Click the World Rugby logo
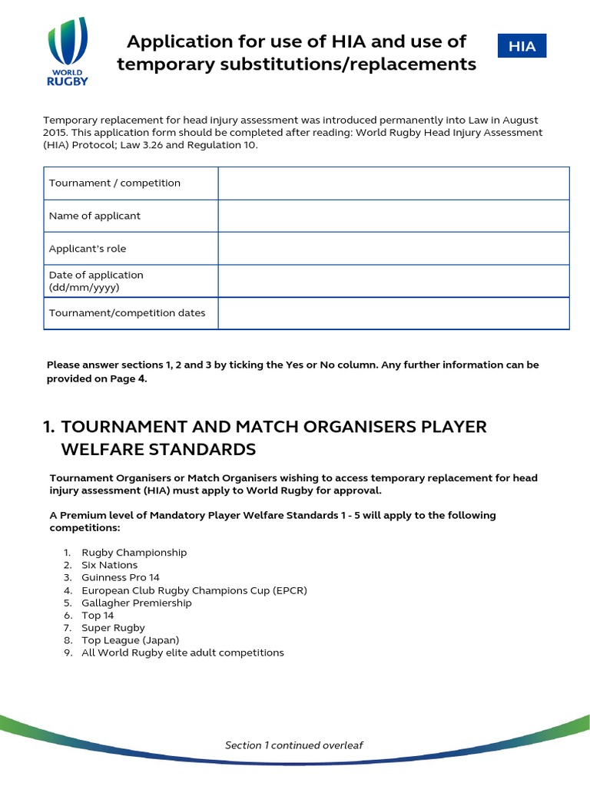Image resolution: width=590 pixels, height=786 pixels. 68,52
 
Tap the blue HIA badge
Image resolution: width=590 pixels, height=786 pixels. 522,46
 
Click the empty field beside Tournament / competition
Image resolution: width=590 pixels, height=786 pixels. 393,183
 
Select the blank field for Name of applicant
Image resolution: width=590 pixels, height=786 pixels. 393,216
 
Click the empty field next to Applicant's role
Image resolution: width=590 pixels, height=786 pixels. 393,249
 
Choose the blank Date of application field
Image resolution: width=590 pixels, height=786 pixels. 393,281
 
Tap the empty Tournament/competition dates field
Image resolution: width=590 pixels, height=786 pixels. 393,313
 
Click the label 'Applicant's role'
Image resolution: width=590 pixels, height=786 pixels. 88,249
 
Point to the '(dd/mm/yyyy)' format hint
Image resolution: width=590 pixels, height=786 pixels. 85,288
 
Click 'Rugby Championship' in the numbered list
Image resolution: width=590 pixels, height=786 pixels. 134,553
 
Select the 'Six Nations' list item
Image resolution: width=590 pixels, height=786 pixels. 110,565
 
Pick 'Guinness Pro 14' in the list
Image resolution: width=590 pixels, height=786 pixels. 121,577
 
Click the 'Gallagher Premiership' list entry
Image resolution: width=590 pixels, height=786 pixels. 137,603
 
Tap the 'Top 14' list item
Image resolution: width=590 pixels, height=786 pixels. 98,615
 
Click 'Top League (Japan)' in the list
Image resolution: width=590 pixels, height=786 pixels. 130,640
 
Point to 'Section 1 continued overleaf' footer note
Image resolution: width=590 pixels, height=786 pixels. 294,745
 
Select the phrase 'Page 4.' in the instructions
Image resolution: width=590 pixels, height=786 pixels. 127,379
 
